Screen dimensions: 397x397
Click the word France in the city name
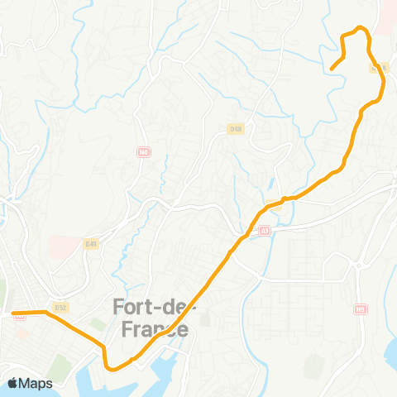click(x=150, y=330)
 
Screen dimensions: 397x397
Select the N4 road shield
click(x=144, y=153)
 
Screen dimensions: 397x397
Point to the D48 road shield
click(x=236, y=129)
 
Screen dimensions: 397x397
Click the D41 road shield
click(x=91, y=243)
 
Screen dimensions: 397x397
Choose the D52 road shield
click(x=60, y=307)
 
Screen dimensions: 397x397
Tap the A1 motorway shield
click(x=264, y=231)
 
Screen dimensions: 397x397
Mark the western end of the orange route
click(x=13, y=313)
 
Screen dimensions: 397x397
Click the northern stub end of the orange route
click(x=331, y=69)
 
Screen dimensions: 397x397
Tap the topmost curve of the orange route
click(x=359, y=29)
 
